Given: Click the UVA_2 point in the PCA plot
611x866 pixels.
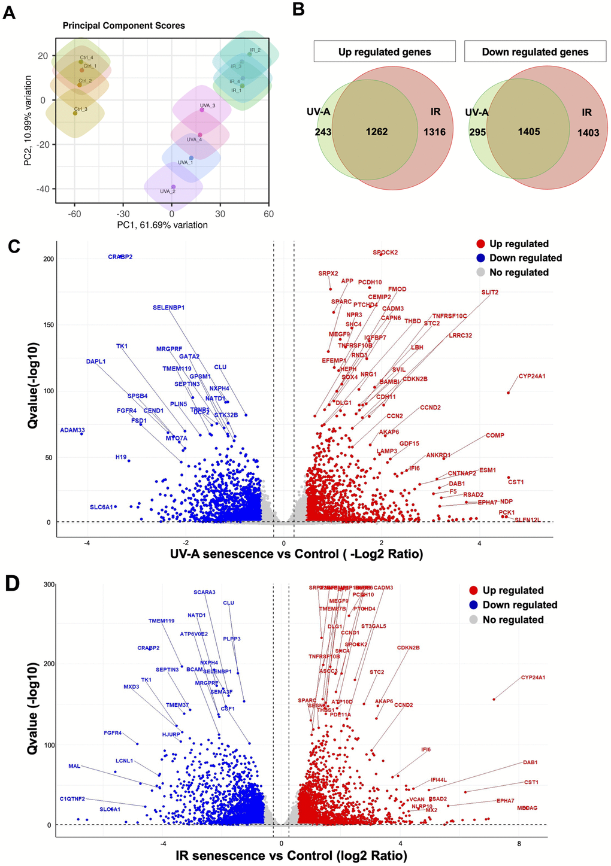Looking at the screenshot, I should (173, 187).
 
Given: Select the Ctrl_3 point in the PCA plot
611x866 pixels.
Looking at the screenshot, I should (75, 113).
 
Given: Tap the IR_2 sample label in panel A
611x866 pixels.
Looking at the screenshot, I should (255, 50).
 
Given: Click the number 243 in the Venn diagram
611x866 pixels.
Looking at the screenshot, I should (323, 132).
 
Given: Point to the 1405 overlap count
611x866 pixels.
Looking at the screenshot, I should (529, 132).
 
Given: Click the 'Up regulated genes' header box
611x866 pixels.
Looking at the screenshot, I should (385, 51).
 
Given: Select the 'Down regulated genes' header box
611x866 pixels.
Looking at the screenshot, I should (535, 51).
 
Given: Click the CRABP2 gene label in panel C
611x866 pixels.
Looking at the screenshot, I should (120, 257).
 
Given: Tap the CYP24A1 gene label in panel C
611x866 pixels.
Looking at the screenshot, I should (532, 376).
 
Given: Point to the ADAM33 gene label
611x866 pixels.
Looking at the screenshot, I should (72, 430).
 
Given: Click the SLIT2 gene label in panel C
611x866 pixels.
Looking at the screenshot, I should (490, 293).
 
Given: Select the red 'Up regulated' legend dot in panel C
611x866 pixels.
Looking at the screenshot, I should (480, 244).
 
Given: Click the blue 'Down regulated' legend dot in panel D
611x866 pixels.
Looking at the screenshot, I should (474, 605).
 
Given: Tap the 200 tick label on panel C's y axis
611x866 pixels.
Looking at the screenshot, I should (48, 259).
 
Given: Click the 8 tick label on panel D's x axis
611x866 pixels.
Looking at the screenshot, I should (519, 844).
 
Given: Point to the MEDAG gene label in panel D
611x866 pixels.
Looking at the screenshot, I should (527, 808).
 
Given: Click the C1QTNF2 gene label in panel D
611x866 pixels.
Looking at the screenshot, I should (72, 799).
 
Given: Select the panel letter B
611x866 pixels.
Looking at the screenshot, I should (298, 10).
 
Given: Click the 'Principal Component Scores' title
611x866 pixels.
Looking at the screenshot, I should (124, 26).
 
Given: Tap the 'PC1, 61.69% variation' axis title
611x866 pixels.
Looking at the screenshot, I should (162, 225).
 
